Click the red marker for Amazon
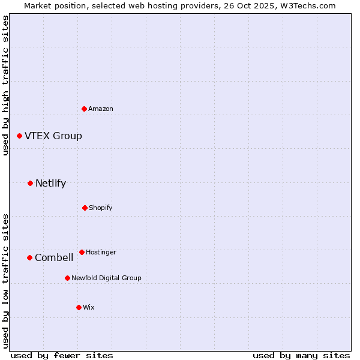click(85, 109)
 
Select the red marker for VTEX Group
click(20, 136)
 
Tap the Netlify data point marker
click(31, 183)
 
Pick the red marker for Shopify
click(85, 208)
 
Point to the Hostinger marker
click(82, 252)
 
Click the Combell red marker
click(29, 257)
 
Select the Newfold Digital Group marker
click(67, 278)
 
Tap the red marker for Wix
click(79, 307)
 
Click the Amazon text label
click(101, 109)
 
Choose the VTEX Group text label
click(53, 136)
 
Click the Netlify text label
click(51, 183)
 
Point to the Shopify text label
click(101, 208)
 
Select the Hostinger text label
click(101, 252)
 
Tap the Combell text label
click(54, 257)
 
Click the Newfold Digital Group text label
click(106, 278)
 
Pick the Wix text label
click(89, 307)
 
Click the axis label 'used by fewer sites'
click(62, 355)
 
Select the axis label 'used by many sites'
click(301, 355)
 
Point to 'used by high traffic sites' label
click(5, 85)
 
